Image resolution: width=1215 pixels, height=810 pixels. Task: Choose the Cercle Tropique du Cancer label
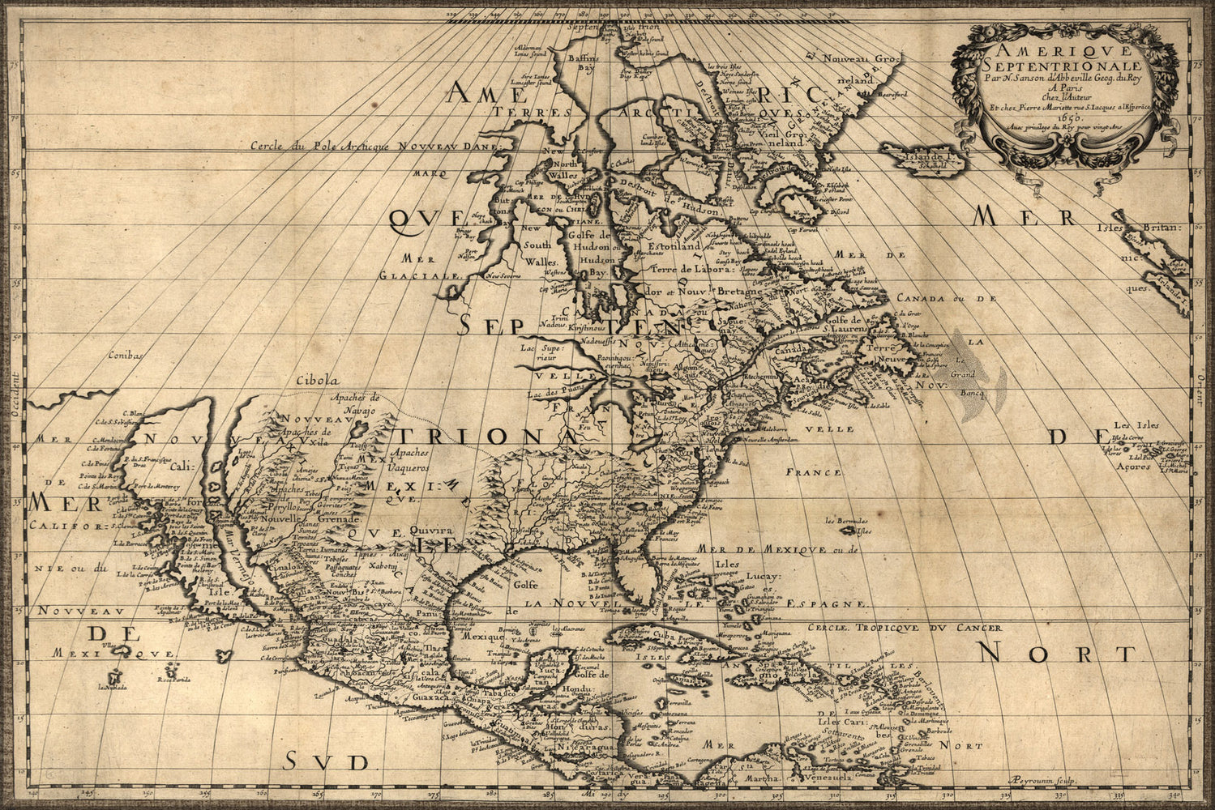click(913, 627)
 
